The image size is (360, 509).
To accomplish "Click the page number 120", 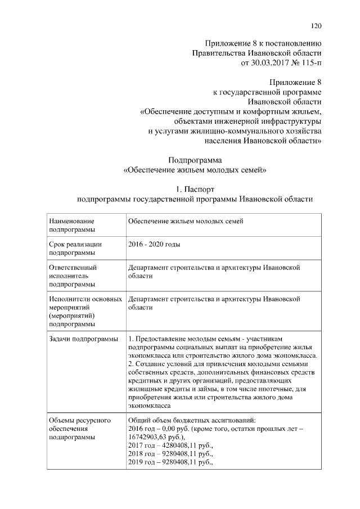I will (316, 25).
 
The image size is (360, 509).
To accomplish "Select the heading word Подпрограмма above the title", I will (195, 159).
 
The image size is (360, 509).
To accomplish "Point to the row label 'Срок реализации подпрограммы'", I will (75, 249).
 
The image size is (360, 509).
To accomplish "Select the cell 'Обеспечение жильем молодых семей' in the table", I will (186, 222).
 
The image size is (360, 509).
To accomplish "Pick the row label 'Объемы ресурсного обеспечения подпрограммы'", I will (79, 428).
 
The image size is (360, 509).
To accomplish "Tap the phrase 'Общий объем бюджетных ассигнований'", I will (192, 420).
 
